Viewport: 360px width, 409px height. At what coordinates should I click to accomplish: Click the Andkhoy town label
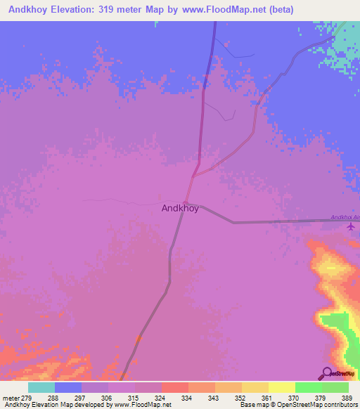click(x=180, y=208)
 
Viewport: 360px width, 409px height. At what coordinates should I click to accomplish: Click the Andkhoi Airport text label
click(x=345, y=217)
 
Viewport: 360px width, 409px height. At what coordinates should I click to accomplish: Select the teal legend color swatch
click(x=41, y=387)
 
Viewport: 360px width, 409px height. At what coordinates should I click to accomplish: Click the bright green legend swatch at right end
click(x=335, y=387)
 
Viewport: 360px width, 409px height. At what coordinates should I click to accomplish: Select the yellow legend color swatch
click(x=281, y=387)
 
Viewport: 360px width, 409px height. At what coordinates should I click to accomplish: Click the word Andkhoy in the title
click(x=27, y=10)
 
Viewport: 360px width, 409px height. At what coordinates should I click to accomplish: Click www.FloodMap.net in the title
click(x=223, y=10)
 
